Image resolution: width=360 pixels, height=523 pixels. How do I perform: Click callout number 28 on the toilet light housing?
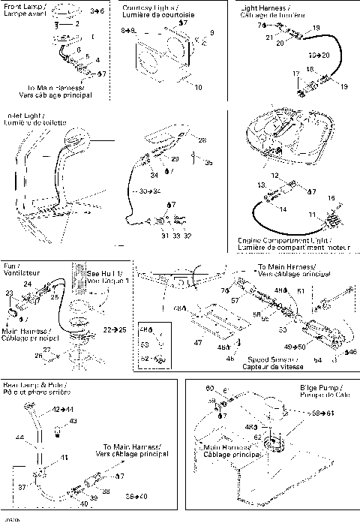(202, 139)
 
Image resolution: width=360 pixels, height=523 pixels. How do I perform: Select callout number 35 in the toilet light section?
(209, 162)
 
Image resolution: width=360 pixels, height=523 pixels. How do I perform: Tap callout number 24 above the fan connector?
(26, 284)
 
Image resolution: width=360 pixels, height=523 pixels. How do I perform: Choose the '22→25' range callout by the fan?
(115, 329)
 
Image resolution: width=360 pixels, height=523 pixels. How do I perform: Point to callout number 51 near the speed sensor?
(301, 291)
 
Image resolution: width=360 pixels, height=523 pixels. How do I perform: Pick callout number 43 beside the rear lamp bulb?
(73, 422)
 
